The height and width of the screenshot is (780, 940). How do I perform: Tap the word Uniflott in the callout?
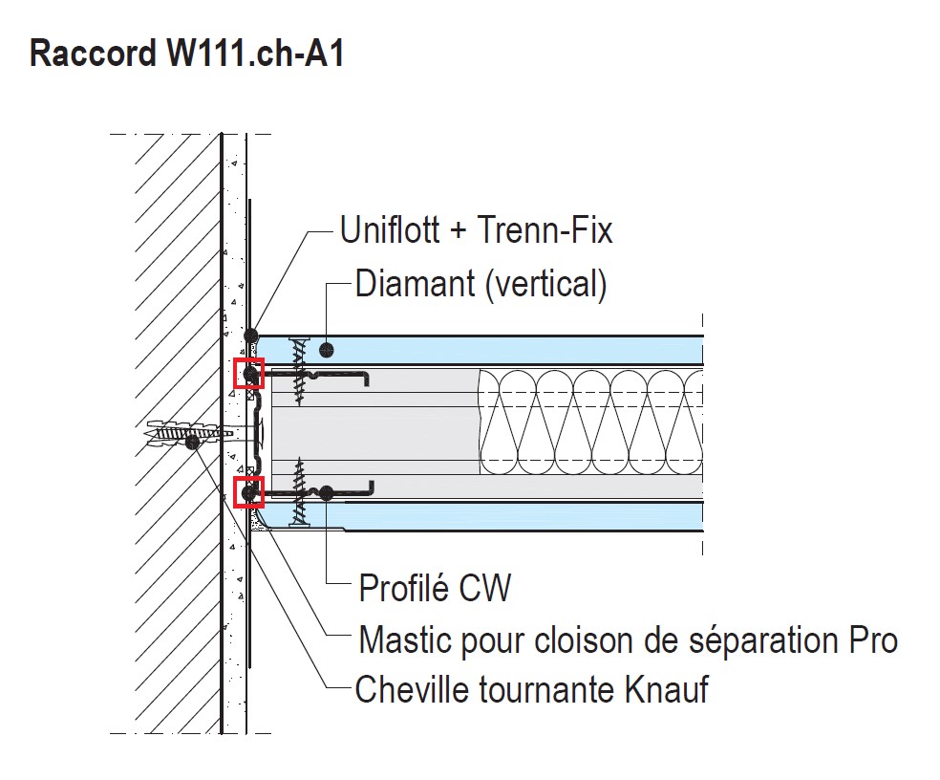[389, 230]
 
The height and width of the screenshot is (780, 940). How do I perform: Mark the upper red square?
[248, 374]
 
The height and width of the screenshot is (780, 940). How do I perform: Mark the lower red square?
[248, 491]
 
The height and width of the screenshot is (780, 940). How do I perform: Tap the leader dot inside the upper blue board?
[327, 349]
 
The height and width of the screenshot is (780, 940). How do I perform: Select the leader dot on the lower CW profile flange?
[326, 493]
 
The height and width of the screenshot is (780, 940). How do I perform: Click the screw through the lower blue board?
[301, 492]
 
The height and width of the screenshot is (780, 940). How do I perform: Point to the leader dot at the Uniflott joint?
[250, 336]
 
